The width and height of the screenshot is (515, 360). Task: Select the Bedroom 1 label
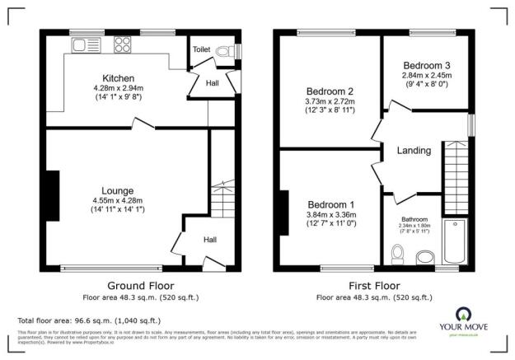coord(331,204)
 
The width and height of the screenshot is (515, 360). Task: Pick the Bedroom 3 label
coord(426,65)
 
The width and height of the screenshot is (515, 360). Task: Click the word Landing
coord(414,150)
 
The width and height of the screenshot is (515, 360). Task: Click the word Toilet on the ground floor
coord(202,49)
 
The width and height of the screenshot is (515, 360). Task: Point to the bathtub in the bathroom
coord(454,242)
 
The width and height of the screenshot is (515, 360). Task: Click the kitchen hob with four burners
coord(123,44)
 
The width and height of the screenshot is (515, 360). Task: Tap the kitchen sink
coord(85,44)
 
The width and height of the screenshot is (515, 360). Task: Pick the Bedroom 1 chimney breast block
coord(284,211)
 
